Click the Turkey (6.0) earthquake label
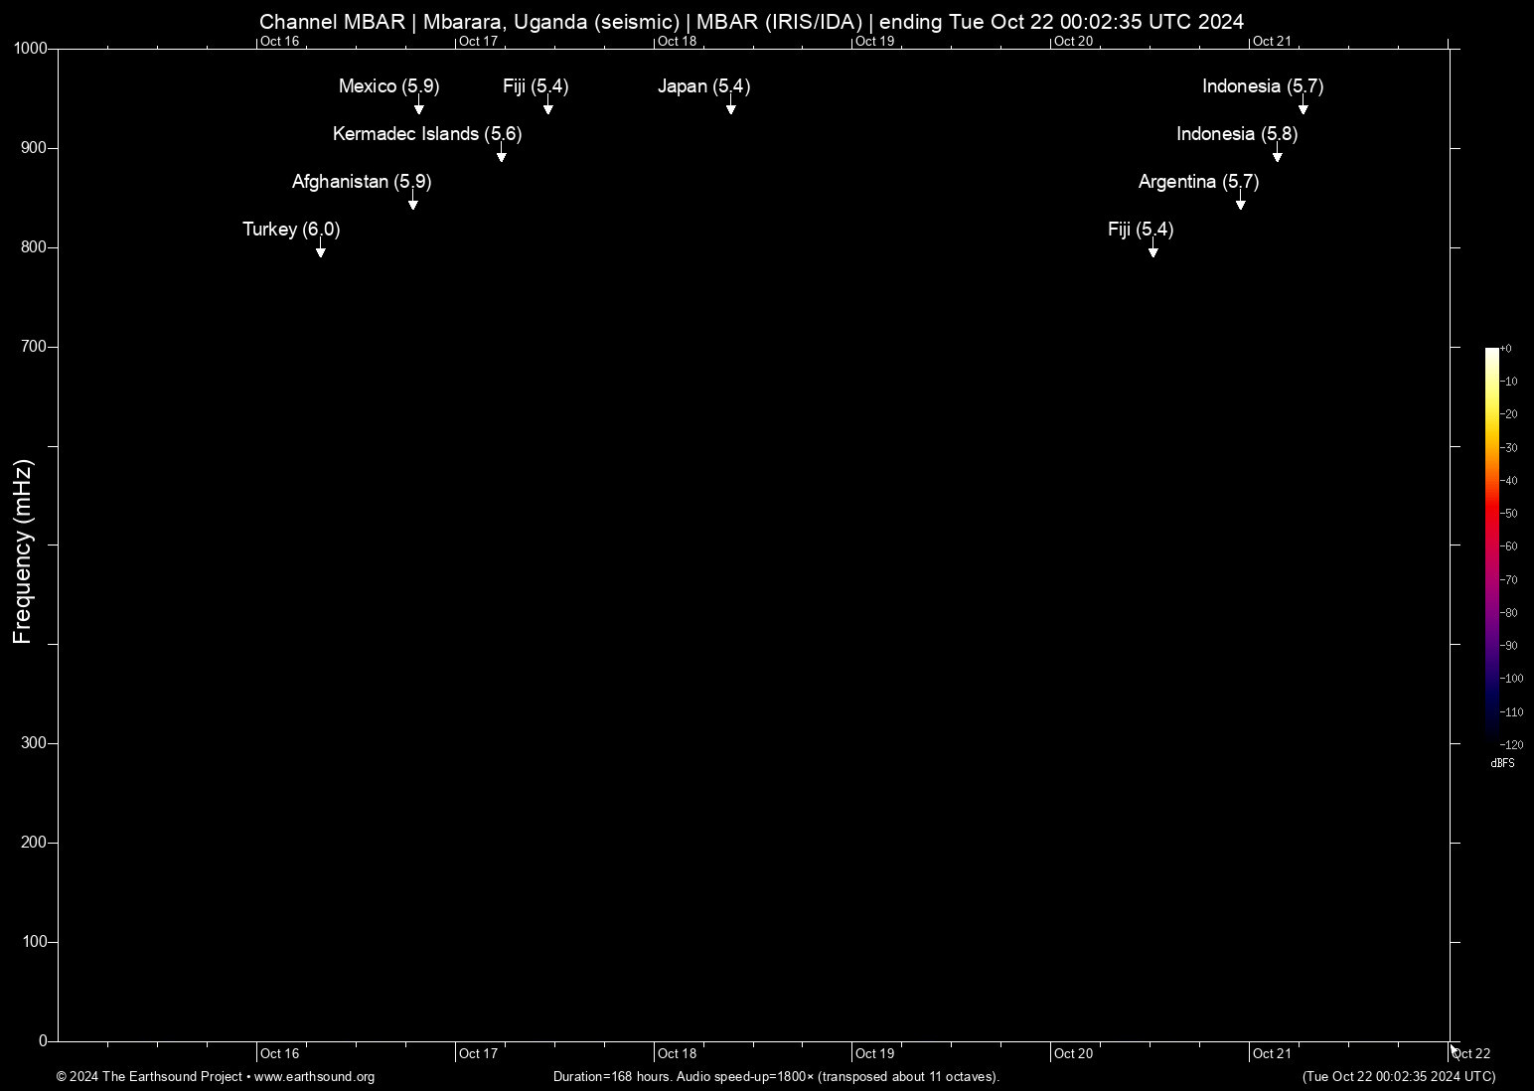(x=291, y=230)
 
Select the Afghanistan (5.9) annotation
(x=362, y=182)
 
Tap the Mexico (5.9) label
(x=388, y=86)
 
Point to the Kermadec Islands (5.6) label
(x=427, y=134)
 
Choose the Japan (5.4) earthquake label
(x=703, y=86)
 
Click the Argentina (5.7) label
(x=1198, y=182)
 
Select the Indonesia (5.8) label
(x=1237, y=134)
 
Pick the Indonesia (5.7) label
(x=1263, y=86)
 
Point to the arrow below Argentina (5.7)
(x=1240, y=204)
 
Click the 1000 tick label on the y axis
(x=31, y=49)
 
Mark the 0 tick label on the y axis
(x=43, y=1040)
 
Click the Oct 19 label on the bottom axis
(x=874, y=1053)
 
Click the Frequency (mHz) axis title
(x=23, y=551)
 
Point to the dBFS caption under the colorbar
(x=1502, y=763)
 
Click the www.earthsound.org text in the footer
(x=314, y=1076)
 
